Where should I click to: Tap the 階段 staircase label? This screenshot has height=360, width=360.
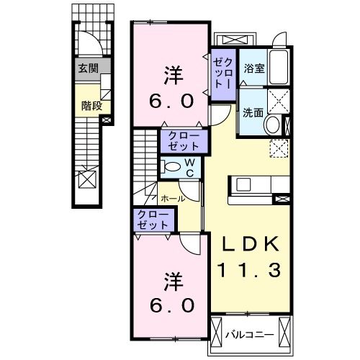(x=91, y=105)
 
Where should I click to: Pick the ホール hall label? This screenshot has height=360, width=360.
(x=172, y=198)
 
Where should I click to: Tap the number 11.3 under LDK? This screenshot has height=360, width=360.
(x=248, y=271)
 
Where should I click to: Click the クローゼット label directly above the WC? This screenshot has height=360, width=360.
(x=184, y=140)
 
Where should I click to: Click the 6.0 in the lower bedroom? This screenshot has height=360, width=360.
(x=171, y=305)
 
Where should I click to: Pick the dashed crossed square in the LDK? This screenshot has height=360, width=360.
(x=279, y=148)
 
